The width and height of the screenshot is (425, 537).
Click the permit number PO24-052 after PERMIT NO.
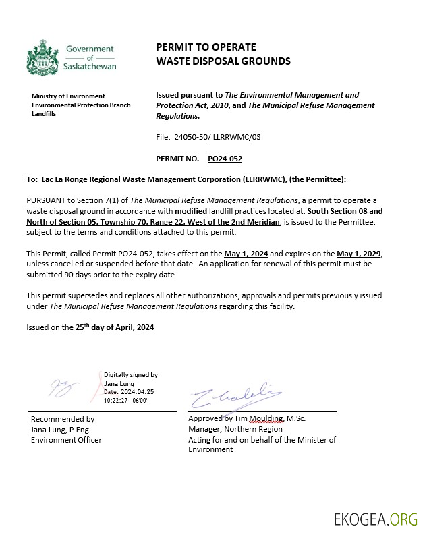[x=225, y=159]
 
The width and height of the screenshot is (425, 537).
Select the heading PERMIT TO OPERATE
[x=206, y=47]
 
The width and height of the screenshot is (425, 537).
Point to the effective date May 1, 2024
[x=246, y=253]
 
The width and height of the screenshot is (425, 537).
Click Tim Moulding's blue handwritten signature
[x=236, y=394]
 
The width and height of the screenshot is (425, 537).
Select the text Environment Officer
[x=66, y=440]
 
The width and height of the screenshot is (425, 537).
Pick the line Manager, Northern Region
[x=235, y=429]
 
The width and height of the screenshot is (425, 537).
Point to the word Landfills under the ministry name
[x=44, y=114]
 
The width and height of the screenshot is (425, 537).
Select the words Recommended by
[x=63, y=418]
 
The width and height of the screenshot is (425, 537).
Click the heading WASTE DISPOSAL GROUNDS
[x=223, y=61]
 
